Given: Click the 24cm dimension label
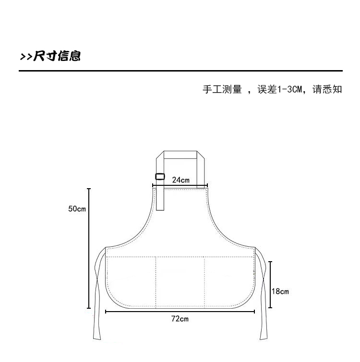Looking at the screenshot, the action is tap(180, 180).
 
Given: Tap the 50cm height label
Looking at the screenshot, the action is tap(77, 209).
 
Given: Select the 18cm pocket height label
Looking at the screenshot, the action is tap(280, 291).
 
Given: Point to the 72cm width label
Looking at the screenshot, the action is tap(180, 319).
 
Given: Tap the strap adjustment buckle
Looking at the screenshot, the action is tap(160, 176).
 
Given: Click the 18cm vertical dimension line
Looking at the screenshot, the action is tap(271, 285).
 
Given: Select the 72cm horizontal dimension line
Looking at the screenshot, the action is tap(180, 312).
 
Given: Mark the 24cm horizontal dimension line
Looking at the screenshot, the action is tap(180, 185).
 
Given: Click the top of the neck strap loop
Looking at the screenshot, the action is tap(180, 155).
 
